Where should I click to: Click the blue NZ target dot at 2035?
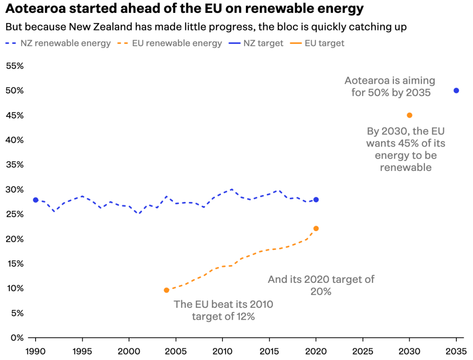(x=456, y=91)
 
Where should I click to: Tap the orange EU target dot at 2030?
(x=409, y=115)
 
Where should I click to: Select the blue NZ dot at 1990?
(x=36, y=200)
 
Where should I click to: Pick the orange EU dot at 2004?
(x=166, y=290)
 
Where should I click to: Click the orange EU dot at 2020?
(x=316, y=228)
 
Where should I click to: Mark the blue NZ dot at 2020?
(x=316, y=200)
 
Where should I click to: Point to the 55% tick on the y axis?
(x=14, y=66)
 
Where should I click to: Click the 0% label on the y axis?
(x=18, y=338)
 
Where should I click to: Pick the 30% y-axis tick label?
(x=14, y=189)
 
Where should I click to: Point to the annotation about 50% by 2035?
(x=390, y=86)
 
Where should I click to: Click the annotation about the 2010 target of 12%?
(x=223, y=310)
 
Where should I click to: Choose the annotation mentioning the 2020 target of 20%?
(x=321, y=285)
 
